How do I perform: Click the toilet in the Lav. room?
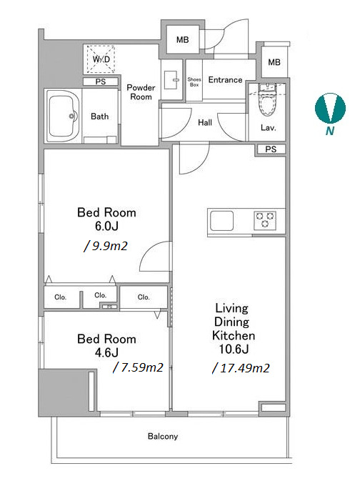point(267,99)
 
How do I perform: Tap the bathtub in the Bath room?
point(63,116)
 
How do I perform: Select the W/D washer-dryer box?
point(101,59)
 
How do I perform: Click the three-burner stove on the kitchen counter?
point(265,220)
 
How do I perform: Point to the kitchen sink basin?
point(221,220)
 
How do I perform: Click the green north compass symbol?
point(330,108)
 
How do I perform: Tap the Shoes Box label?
point(194,81)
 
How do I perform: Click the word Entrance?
point(225,80)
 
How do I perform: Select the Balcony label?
point(163,437)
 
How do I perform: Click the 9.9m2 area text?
point(106,246)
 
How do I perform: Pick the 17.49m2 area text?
point(241,368)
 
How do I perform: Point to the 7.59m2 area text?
point(138,367)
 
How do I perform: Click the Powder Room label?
point(141,92)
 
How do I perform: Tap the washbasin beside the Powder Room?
point(171,80)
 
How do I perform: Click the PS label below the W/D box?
point(101,81)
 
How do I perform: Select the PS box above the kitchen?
point(271,149)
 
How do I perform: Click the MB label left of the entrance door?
point(182,40)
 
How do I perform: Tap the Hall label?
point(205,123)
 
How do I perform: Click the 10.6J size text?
point(234,349)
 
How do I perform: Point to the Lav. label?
point(269,127)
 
